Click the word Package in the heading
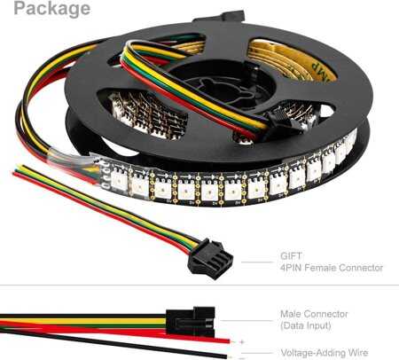pyautogui.click(x=52, y=9)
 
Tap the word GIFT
pyautogui.click(x=291, y=256)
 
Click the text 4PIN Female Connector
pyautogui.click(x=332, y=268)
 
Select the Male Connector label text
pyautogui.click(x=314, y=314)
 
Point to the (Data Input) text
pyautogui.click(x=306, y=325)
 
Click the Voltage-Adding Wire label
pyautogui.click(x=325, y=353)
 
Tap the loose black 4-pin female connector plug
pyautogui.click(x=210, y=259)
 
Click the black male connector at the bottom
pyautogui.click(x=191, y=322)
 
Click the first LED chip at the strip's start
pyautogui.click(x=119, y=180)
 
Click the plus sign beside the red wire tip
pyautogui.click(x=242, y=342)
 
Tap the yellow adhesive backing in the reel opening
pyautogui.click(x=291, y=60)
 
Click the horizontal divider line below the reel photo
pyautogui.click(x=199, y=286)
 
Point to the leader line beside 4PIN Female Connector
pyautogui.click(x=257, y=262)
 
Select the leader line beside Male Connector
pyautogui.click(x=246, y=320)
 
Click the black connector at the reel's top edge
pyautogui.click(x=219, y=16)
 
